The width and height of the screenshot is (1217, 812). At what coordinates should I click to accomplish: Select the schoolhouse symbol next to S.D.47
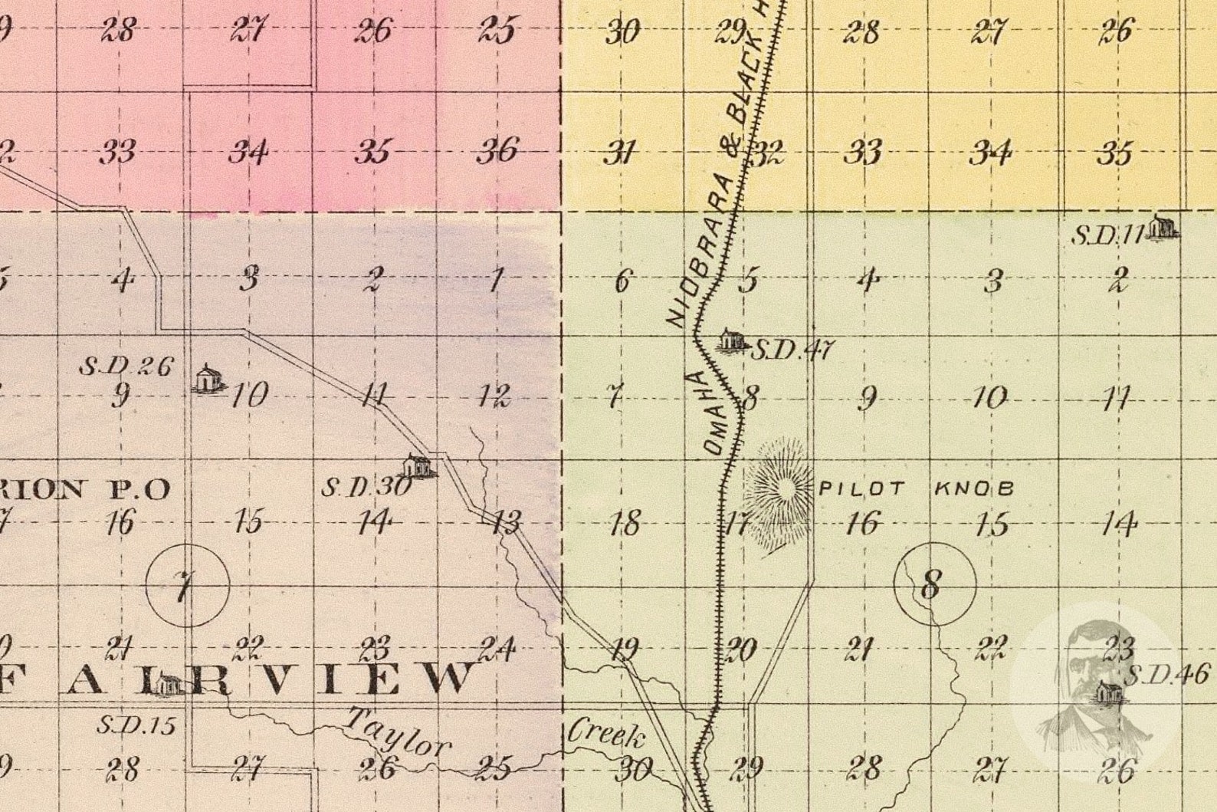click(729, 340)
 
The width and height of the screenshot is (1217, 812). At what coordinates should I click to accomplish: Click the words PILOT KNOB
click(917, 488)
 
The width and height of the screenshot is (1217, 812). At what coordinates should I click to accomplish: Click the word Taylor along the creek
click(398, 733)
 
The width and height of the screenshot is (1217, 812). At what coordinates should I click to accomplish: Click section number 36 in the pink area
click(497, 150)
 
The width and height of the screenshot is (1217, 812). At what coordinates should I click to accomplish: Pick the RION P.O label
click(84, 489)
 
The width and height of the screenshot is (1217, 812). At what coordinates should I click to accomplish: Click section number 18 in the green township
click(625, 524)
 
